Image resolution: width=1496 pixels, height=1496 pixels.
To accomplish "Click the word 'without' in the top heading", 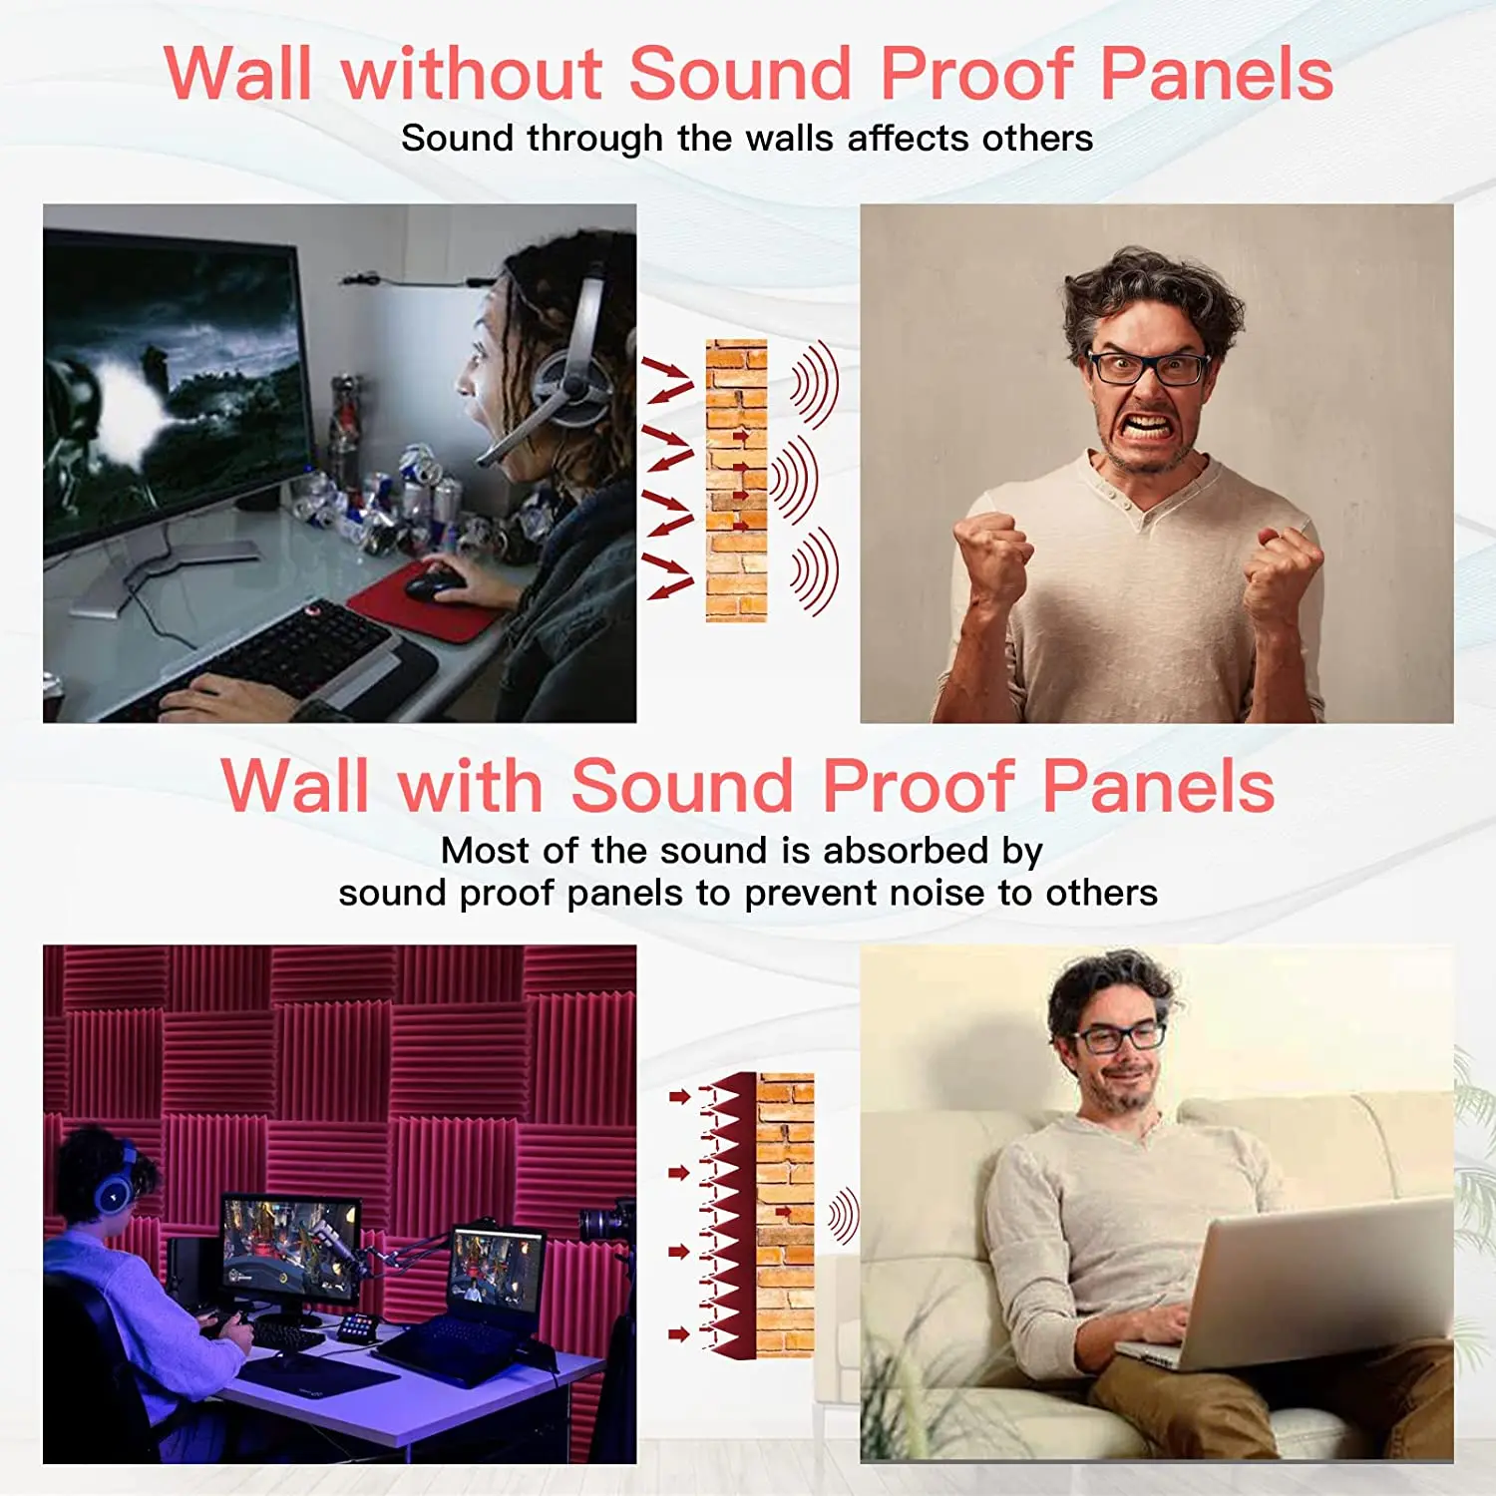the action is pyautogui.click(x=472, y=74).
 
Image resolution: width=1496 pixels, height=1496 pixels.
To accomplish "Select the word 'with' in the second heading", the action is pyautogui.click(x=470, y=786).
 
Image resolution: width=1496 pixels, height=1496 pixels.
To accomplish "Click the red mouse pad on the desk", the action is pyautogui.click(x=424, y=602).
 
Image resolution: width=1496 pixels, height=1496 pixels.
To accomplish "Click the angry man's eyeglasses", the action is pyautogui.click(x=1147, y=368).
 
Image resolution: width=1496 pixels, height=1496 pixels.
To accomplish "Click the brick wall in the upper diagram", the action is pyautogui.click(x=736, y=481).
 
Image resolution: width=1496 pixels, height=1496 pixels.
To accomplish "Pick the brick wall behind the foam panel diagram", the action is pyautogui.click(x=785, y=1215).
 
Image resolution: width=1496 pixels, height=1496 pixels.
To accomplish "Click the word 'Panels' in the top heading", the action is pyautogui.click(x=1217, y=74).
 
